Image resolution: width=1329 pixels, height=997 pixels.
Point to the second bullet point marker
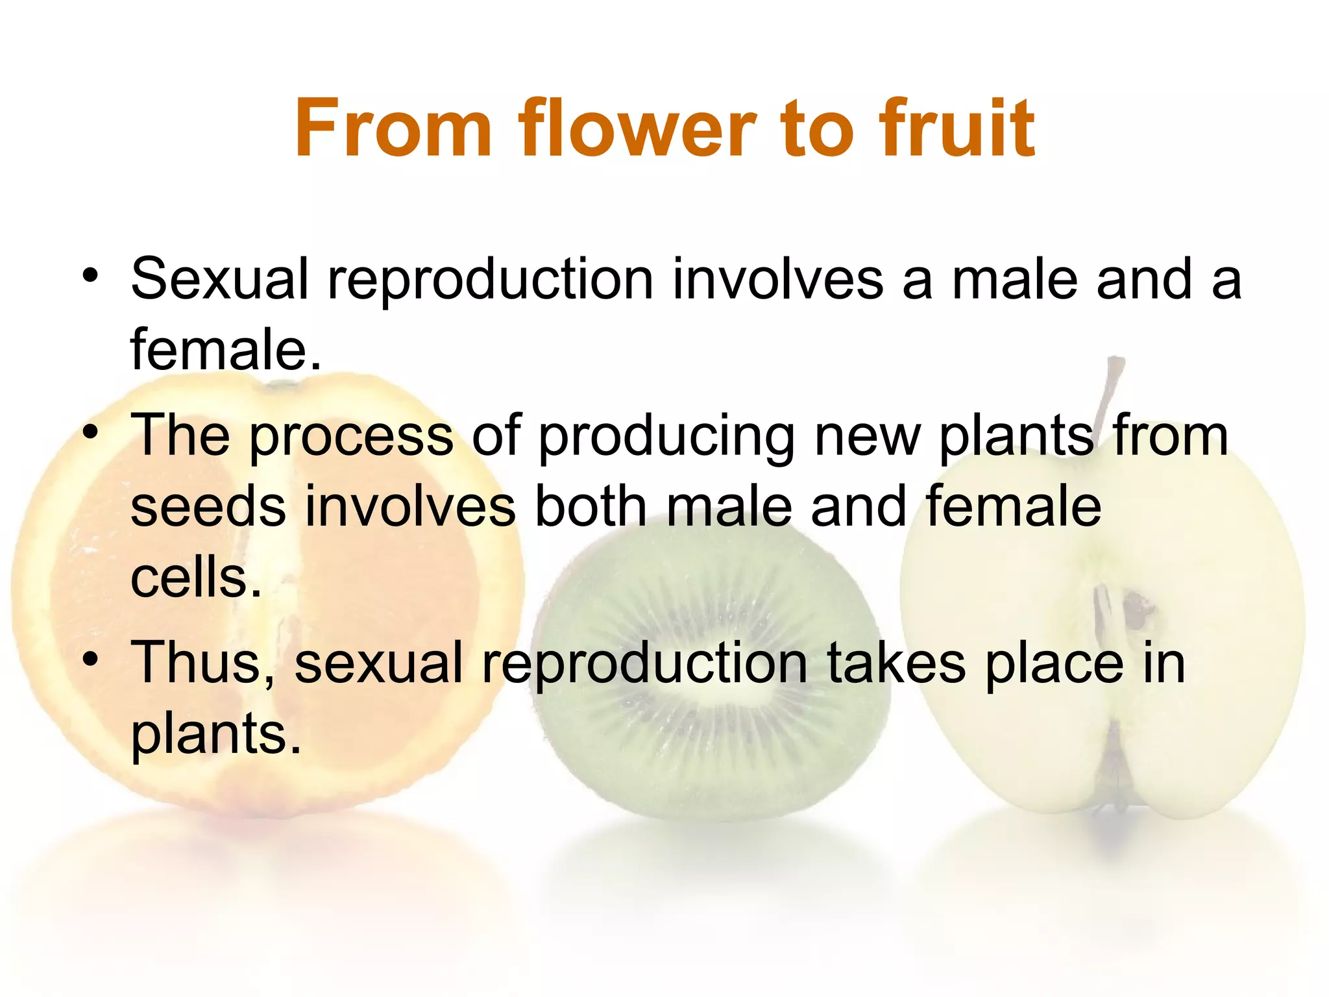point(90,433)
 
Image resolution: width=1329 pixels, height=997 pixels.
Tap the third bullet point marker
point(90,660)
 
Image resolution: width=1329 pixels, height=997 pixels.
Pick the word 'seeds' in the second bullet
point(208,508)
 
